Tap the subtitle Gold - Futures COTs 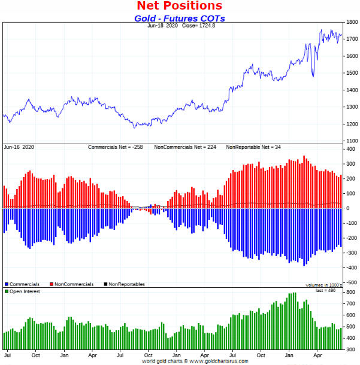(179, 18)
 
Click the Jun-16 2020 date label (19, 147)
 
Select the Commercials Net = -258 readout (117, 147)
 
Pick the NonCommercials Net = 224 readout (186, 147)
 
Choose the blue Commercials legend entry (23, 284)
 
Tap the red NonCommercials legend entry (72, 284)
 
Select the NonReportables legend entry (123, 284)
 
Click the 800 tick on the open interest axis (350, 304)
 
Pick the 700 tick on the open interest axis (350, 315)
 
